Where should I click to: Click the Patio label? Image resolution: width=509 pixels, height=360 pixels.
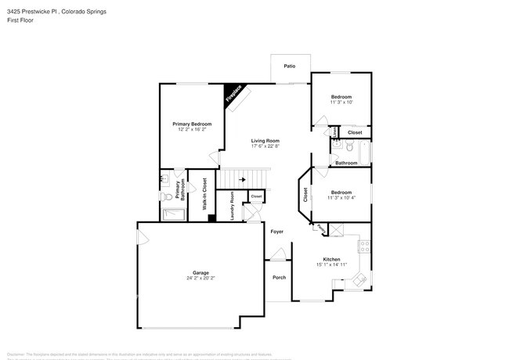[x=290, y=67]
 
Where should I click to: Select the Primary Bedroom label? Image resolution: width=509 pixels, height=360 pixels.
[x=192, y=124]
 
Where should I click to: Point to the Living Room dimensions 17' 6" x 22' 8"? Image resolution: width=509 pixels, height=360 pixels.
[x=265, y=146]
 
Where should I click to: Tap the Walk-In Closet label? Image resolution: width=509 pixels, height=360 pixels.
[x=204, y=195]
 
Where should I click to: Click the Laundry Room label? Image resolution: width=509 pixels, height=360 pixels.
[x=233, y=206]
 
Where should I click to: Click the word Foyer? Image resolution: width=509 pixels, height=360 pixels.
[x=277, y=232]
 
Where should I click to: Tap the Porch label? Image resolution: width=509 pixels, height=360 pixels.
[x=279, y=278]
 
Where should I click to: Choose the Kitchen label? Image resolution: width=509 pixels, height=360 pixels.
[x=332, y=259]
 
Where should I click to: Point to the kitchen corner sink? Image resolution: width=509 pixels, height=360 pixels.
[x=359, y=279]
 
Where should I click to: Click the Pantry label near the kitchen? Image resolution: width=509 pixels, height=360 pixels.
[x=322, y=227]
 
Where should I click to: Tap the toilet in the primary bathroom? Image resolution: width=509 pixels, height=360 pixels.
[x=165, y=196]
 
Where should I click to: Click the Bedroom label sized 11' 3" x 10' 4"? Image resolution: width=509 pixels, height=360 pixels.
[x=341, y=193]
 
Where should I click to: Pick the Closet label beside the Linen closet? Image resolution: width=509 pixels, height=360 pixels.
[x=355, y=132]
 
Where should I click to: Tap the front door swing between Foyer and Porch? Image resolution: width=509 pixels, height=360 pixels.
[x=276, y=254]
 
